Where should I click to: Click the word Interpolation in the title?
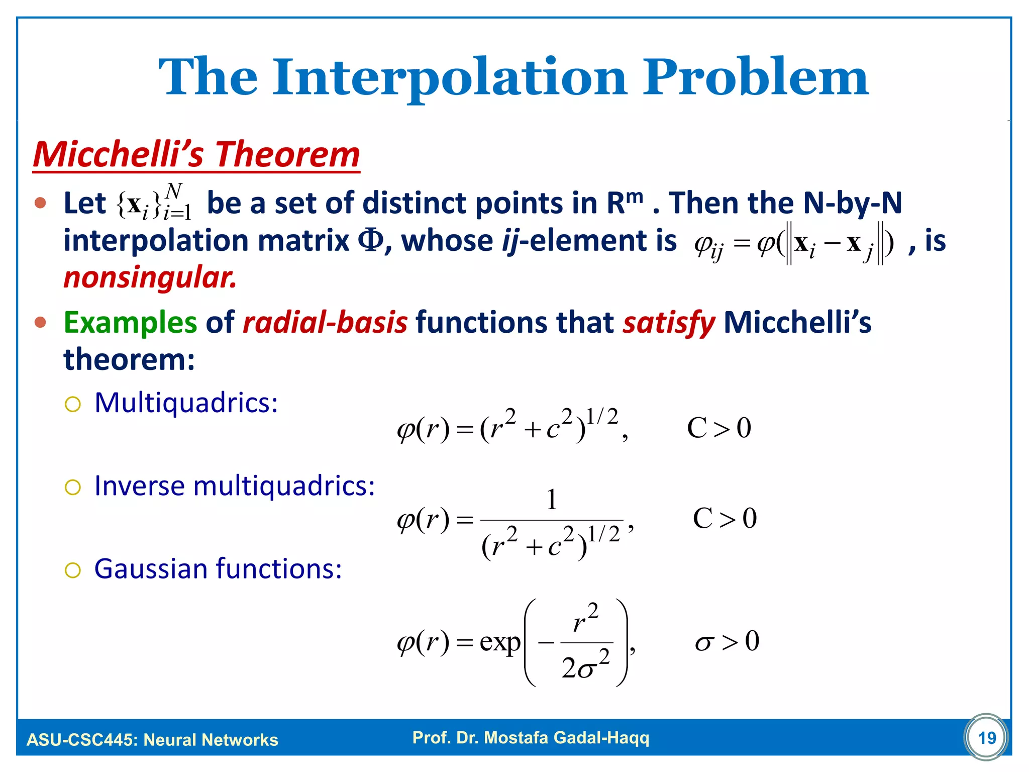pos(450,78)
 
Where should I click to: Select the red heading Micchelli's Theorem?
pos(196,154)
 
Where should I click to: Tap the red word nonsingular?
pos(150,278)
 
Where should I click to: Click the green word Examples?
pos(130,322)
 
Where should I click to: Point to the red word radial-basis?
pos(325,322)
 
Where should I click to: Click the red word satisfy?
pos(669,322)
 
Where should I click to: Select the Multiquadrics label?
pos(186,403)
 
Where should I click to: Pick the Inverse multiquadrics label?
pos(235,486)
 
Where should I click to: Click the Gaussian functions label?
pos(218,569)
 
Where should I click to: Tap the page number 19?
pos(987,738)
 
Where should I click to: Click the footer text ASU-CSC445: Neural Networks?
pos(152,740)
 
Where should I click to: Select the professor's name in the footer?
pos(531,738)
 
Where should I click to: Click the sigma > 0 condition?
pos(727,642)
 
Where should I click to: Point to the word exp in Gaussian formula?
pos(499,642)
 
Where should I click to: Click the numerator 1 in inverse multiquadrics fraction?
pos(552,500)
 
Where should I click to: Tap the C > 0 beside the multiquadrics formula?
pos(718,429)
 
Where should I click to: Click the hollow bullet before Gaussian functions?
pos(73,570)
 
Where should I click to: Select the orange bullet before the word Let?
pos(41,203)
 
